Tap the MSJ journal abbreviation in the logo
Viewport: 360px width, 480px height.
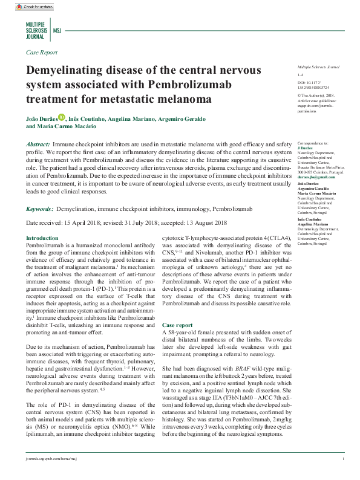pyautogui.click(x=57, y=29)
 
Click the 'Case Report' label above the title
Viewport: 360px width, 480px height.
pyautogui.click(x=42, y=53)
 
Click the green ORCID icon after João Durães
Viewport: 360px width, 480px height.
pyautogui.click(x=61, y=117)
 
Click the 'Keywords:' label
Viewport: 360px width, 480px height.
pyautogui.click(x=40, y=209)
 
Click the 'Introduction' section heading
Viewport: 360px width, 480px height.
pyautogui.click(x=42, y=239)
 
